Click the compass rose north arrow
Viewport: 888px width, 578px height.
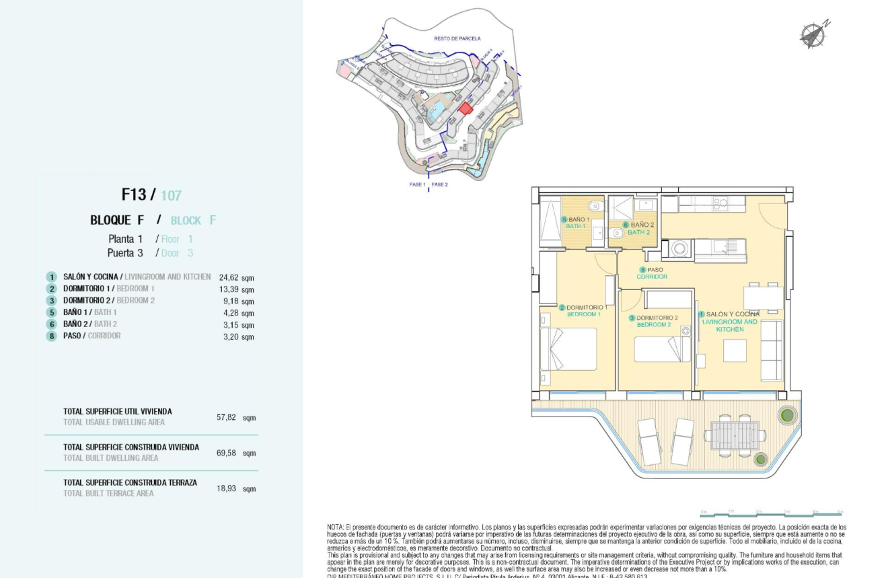813,34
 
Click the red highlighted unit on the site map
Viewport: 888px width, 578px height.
466,108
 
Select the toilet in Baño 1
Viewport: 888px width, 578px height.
595,206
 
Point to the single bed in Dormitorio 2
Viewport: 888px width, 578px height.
663,349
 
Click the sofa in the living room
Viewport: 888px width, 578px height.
771,351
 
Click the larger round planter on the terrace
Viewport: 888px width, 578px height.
786,414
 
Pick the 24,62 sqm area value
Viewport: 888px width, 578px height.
236,277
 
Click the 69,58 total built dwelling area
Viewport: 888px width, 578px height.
227,453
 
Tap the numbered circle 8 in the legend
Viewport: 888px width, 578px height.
51,336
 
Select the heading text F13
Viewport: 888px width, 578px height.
133,194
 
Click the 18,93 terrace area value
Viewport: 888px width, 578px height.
227,489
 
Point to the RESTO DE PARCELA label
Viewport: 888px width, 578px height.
457,38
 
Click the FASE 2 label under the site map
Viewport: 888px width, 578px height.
439,184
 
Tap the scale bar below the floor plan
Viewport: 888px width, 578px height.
770,515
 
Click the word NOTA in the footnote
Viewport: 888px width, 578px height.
335,527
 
